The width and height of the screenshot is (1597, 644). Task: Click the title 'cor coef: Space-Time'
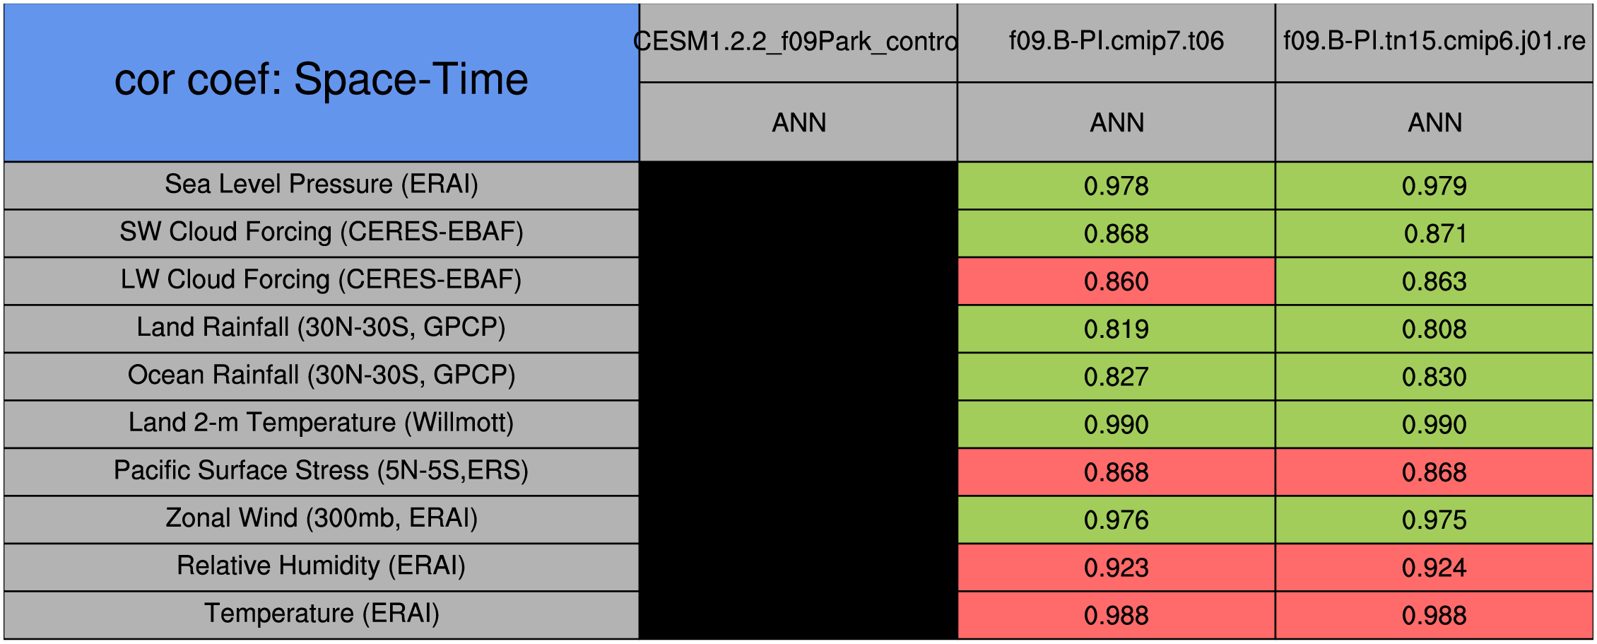[x=322, y=79]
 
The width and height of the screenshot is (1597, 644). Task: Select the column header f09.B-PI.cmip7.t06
[x=1116, y=41]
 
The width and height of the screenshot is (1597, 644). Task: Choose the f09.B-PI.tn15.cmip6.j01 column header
[x=1434, y=41]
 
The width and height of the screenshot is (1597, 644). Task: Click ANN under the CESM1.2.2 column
[x=798, y=123]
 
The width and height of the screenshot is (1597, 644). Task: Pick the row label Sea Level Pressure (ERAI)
[x=322, y=185]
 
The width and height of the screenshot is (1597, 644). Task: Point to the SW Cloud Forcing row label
[x=322, y=232]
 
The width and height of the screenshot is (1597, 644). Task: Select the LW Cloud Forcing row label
[x=322, y=280]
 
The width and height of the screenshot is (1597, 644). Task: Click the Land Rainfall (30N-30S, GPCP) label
[x=322, y=327]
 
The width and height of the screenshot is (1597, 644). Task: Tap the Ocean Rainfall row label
[x=322, y=375]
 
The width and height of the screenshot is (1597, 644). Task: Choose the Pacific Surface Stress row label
[x=322, y=471]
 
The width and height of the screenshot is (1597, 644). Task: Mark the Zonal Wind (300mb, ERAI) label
[x=322, y=518]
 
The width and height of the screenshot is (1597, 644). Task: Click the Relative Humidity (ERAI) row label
[x=322, y=566]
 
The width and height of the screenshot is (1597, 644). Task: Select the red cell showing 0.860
[x=1116, y=281]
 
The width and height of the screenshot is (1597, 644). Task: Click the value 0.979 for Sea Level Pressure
[x=1434, y=186]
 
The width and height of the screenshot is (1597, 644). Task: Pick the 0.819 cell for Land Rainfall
[x=1116, y=329]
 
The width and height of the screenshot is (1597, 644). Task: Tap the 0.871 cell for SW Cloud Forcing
[x=1434, y=234]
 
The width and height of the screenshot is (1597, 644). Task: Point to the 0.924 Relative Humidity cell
[x=1434, y=568]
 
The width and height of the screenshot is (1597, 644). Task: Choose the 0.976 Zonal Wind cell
[x=1116, y=520]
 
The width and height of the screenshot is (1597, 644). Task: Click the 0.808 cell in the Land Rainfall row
[x=1434, y=329]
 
